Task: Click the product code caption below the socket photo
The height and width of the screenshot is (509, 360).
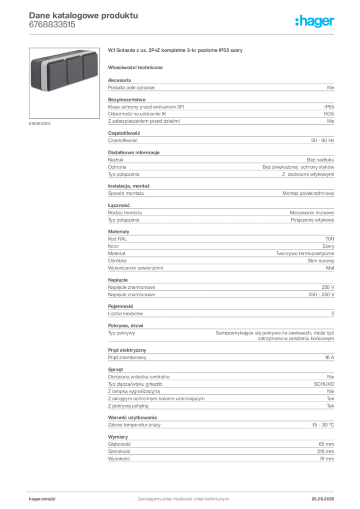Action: pos(39,123)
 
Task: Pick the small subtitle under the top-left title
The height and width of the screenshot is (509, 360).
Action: pos(52,28)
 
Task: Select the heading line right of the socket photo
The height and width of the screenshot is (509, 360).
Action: pos(177,51)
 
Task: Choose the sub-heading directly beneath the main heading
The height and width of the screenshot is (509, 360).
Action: pos(137,67)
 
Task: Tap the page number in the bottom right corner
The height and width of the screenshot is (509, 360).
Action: pos(326,497)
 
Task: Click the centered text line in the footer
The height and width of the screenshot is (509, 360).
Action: pos(182,497)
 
